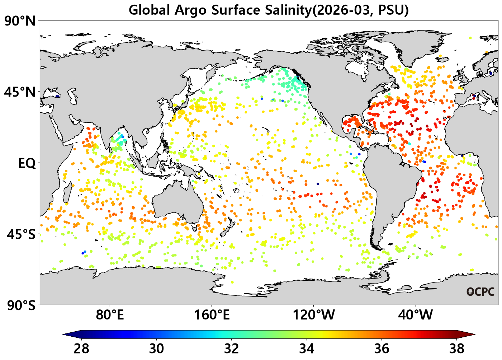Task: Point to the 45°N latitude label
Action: pos(20,92)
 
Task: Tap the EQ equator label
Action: pos(27,163)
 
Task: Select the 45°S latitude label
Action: pos(21,234)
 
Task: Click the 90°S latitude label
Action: pos(21,305)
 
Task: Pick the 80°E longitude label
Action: pos(110,315)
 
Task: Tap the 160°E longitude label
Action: pos(212,315)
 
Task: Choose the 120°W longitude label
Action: pos(313,315)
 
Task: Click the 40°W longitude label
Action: pos(416,315)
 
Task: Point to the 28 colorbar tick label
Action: pos(81,349)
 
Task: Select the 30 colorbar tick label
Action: pos(156,349)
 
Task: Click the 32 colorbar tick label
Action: pos(232,349)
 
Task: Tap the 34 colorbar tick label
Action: pos(307,349)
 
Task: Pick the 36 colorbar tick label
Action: pos(382,349)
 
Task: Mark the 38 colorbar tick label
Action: pos(457,349)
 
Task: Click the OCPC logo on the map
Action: pos(480,292)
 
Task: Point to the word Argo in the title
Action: pos(190,11)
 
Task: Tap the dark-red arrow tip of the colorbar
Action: pos(475,334)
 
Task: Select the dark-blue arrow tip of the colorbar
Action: pos(63,334)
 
